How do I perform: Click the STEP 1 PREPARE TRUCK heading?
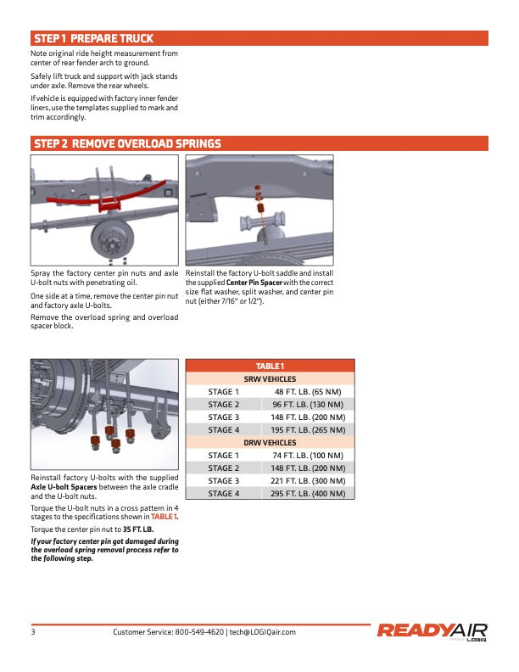pos(93,38)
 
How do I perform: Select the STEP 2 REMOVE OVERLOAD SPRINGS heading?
pos(127,143)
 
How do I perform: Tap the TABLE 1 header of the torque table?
pos(270,366)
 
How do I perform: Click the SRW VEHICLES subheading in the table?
pos(270,379)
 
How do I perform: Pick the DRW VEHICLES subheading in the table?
pos(270,443)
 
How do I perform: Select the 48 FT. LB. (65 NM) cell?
pos(308,392)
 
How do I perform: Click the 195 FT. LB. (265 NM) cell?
pos(308,430)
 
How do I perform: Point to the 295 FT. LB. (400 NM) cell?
pos(308,494)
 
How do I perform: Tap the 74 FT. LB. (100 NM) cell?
pos(308,456)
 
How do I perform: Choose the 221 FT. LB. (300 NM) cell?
pos(308,481)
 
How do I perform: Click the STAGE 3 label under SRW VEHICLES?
pos(224,417)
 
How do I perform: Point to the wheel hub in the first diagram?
pos(112,239)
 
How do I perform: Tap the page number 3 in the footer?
pos(33,632)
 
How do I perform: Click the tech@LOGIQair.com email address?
pos(263,632)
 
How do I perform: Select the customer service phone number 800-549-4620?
pos(199,632)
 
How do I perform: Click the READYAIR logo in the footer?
pos(432,632)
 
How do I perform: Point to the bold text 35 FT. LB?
pos(138,529)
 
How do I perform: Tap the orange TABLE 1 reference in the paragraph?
pos(165,517)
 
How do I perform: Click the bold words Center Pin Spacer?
pos(254,283)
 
